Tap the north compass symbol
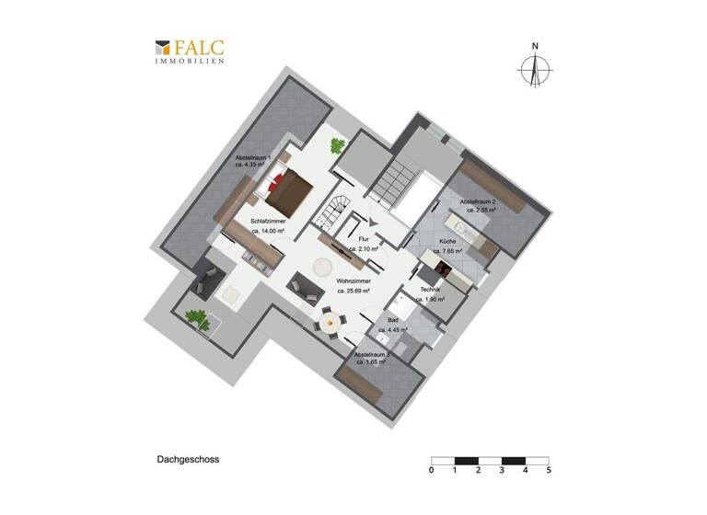pyautogui.click(x=534, y=67)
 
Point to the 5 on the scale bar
pyautogui.click(x=549, y=470)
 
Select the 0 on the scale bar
pyautogui.click(x=432, y=470)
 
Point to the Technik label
pyautogui.click(x=432, y=290)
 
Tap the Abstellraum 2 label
pyautogui.click(x=478, y=201)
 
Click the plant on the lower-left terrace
pyautogui.click(x=195, y=318)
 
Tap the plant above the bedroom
pyautogui.click(x=337, y=144)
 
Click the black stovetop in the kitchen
pyautogui.click(x=442, y=269)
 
